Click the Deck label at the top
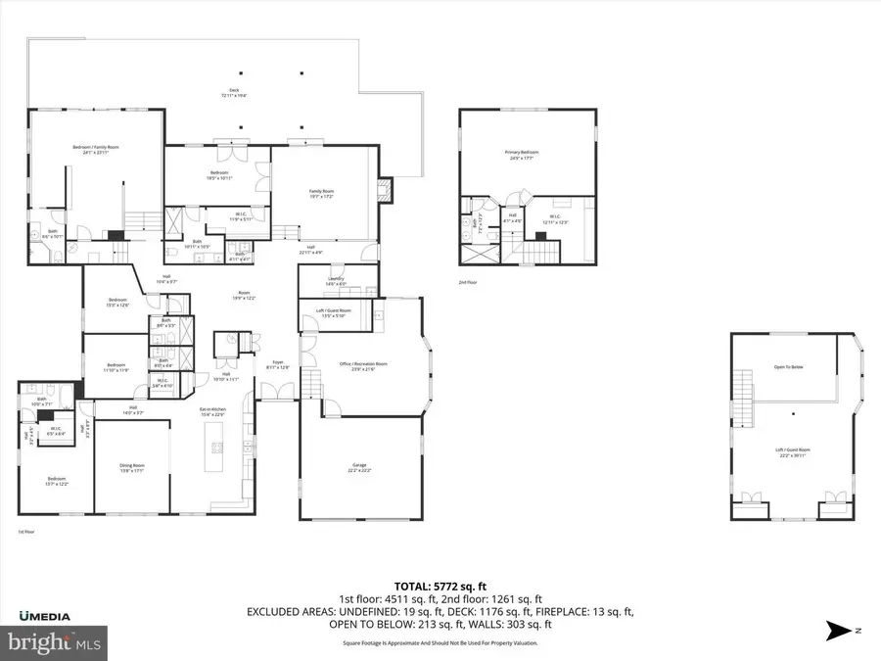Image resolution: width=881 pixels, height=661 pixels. point(234,92)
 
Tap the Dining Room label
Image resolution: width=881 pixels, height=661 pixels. point(131,469)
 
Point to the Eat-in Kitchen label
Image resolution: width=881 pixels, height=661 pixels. point(212,413)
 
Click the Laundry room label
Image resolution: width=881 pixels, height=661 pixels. point(336,280)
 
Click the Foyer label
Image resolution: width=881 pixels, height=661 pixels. point(278,365)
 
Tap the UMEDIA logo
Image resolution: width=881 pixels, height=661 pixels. point(44,616)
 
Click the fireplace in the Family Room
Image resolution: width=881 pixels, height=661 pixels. point(384,189)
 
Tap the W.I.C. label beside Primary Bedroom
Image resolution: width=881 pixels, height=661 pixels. point(554,219)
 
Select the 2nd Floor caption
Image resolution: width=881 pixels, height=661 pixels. point(468,282)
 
